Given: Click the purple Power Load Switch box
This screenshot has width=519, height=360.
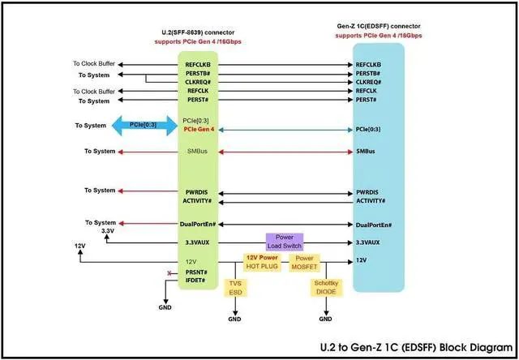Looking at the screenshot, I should tap(284, 242).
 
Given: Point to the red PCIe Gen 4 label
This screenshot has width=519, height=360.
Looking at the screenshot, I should tap(199, 130).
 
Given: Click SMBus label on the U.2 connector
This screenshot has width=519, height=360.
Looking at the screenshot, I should tap(195, 152).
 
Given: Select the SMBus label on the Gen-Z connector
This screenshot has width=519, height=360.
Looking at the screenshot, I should tap(367, 152).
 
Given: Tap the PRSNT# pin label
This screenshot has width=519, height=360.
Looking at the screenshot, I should tap(195, 272).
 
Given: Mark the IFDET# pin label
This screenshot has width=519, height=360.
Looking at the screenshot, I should tap(195, 281).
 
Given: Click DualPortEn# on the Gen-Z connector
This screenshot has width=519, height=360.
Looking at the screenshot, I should tap(375, 224).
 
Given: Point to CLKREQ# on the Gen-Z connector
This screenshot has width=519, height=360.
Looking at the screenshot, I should tap(369, 83).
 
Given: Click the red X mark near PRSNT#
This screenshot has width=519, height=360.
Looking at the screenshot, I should tap(169, 273).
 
